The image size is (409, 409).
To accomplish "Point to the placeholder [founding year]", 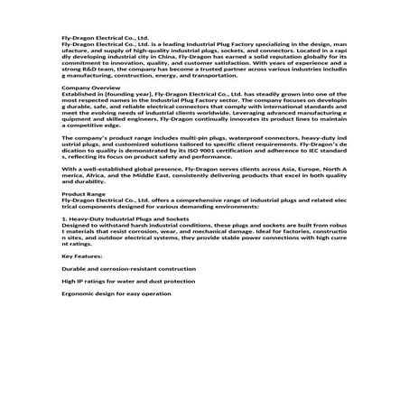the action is pos(124,94).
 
